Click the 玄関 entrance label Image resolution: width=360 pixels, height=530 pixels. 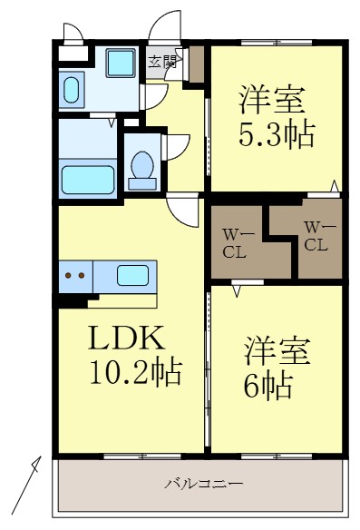click(x=164, y=62)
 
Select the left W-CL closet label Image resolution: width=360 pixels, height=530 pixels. click(x=235, y=244)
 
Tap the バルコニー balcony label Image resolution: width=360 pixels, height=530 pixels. click(x=203, y=485)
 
